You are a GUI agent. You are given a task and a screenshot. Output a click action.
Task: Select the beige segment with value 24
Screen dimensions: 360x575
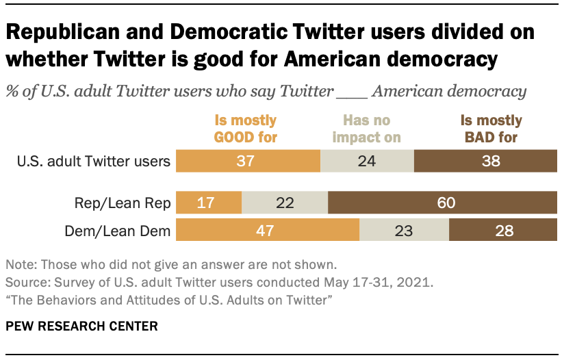[367, 162]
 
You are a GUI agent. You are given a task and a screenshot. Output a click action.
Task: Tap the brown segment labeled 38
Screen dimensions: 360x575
[485, 162]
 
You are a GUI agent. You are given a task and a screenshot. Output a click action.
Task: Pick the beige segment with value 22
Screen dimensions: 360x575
[285, 203]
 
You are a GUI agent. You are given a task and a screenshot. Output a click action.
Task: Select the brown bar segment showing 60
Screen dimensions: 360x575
[442, 203]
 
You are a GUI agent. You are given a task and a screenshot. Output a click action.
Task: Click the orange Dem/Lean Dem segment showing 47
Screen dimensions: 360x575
[268, 231]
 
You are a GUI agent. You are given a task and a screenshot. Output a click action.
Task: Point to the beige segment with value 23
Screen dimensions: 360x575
[404, 231]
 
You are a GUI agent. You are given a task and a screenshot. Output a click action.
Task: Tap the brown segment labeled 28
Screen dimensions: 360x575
[502, 231]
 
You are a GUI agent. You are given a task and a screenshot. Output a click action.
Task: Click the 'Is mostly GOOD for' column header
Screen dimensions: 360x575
[245, 128]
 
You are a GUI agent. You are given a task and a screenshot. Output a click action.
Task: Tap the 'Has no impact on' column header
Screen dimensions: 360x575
[366, 128]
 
